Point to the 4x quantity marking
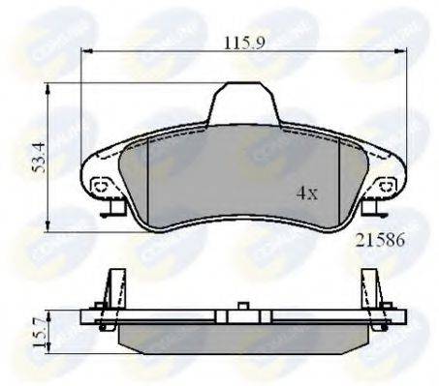pos(306,193)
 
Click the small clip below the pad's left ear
pos(115,207)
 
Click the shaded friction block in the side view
pos(242,338)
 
